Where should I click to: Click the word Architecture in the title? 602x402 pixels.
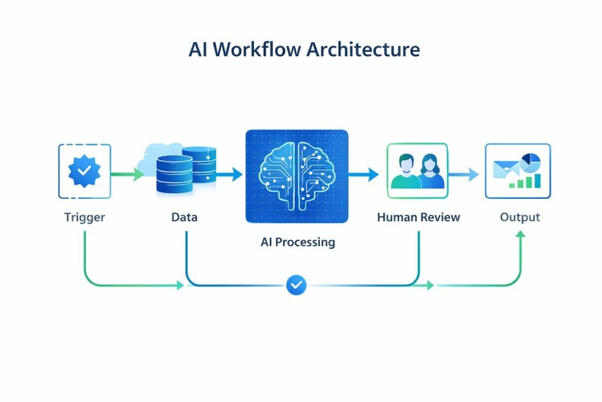(364, 49)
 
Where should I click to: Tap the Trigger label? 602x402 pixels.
(85, 217)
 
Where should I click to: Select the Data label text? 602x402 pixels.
(184, 217)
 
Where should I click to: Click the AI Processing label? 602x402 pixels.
(297, 242)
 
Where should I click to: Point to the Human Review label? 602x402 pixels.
(418, 217)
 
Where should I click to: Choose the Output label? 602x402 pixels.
(520, 217)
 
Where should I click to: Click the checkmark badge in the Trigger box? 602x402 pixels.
(85, 171)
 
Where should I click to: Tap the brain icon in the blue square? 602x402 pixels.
(297, 176)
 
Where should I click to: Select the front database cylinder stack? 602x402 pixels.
(174, 175)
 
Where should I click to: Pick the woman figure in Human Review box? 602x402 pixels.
(432, 172)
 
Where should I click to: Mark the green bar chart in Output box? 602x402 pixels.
(524, 181)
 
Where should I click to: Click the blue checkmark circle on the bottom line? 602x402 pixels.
(296, 285)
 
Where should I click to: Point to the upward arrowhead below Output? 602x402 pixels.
(520, 234)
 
